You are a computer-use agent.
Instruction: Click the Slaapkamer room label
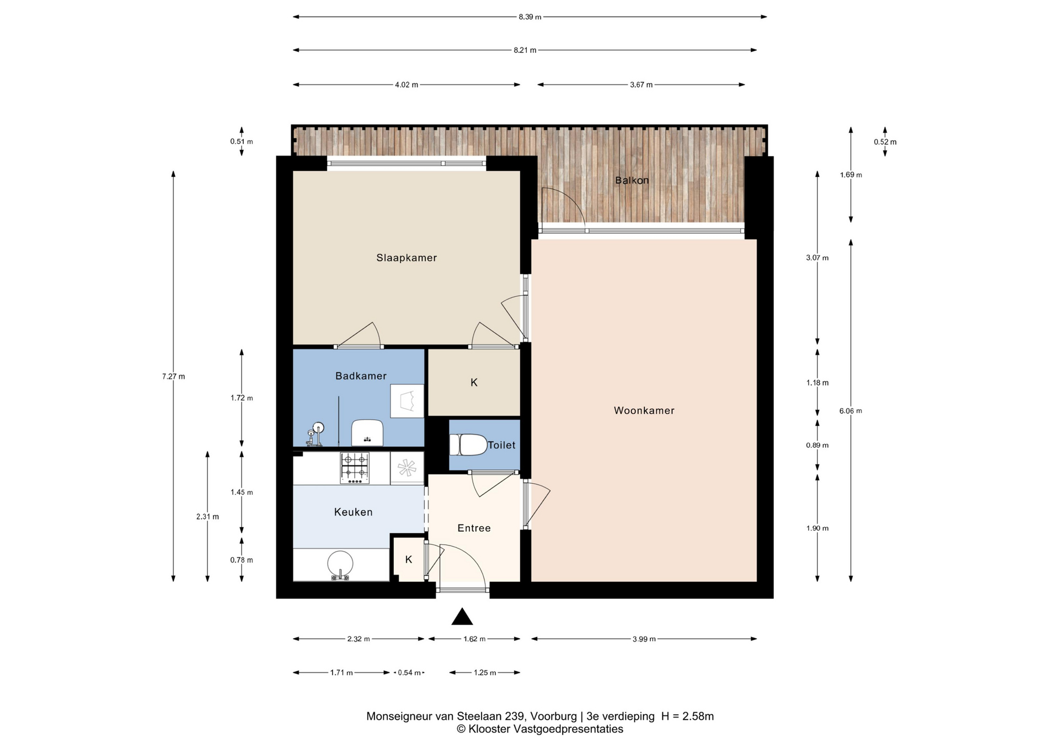pyautogui.click(x=407, y=258)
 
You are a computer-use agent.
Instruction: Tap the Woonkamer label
pyautogui.click(x=644, y=410)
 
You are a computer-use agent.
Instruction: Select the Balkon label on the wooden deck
pyautogui.click(x=632, y=180)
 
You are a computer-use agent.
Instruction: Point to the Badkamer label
pyautogui.click(x=361, y=376)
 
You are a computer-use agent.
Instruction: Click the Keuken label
pyautogui.click(x=354, y=512)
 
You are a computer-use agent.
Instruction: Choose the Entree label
pyautogui.click(x=474, y=528)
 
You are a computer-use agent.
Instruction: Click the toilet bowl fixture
pyautogui.click(x=468, y=445)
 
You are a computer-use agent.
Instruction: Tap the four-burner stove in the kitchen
pyautogui.click(x=355, y=468)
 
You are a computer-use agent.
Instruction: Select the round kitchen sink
pyautogui.click(x=340, y=565)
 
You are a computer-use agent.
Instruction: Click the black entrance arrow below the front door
pyautogui.click(x=462, y=617)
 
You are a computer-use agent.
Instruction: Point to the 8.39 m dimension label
pyautogui.click(x=529, y=17)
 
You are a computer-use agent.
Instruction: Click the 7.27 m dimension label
pyautogui.click(x=174, y=377)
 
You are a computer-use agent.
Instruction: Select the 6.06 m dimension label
pyautogui.click(x=851, y=411)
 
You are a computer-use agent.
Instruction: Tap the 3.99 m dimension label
pyautogui.click(x=644, y=639)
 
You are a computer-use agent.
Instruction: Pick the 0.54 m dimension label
pyautogui.click(x=409, y=673)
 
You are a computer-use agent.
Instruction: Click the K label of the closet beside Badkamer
pyautogui.click(x=474, y=382)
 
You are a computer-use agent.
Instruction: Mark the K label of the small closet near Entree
pyautogui.click(x=409, y=560)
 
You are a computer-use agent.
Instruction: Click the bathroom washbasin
pyautogui.click(x=367, y=432)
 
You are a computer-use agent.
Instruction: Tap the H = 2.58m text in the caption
pyautogui.click(x=687, y=716)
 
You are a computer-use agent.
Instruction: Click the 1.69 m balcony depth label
pyautogui.click(x=851, y=175)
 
